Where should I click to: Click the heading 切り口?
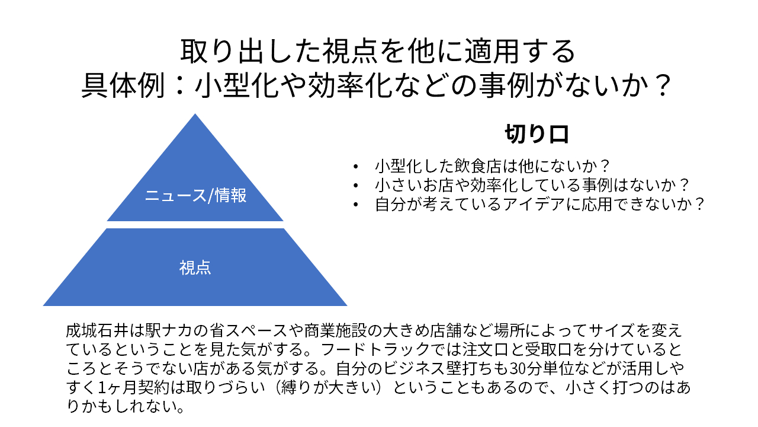(537, 134)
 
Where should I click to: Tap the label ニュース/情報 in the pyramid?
(195, 195)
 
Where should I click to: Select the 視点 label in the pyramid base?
(195, 267)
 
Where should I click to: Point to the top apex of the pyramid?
(195, 114)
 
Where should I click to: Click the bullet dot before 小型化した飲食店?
(355, 167)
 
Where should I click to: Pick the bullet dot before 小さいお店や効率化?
(355, 186)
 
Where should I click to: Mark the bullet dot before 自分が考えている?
(355, 205)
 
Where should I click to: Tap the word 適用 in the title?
(492, 51)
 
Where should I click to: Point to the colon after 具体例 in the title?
(179, 85)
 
